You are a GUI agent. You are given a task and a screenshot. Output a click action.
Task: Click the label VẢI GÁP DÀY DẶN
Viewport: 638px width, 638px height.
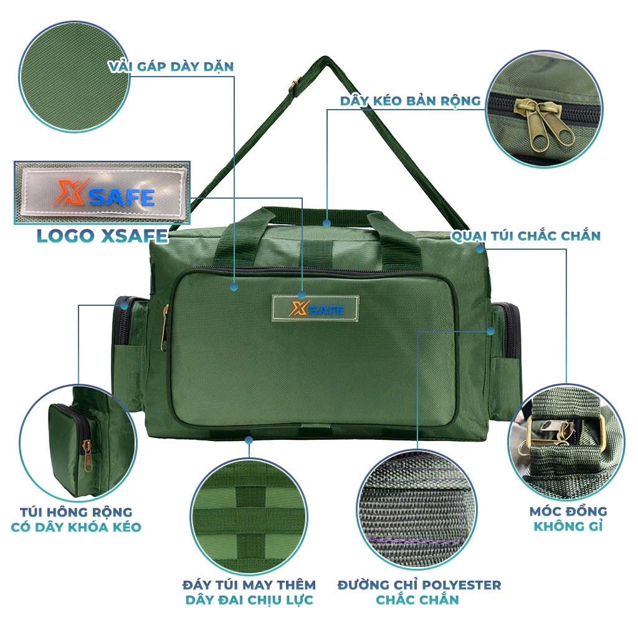click(x=171, y=67)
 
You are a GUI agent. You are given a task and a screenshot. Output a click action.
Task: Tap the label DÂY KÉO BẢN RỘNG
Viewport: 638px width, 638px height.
click(x=410, y=101)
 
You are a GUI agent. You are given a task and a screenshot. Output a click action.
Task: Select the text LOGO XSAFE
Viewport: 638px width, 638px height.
click(x=102, y=236)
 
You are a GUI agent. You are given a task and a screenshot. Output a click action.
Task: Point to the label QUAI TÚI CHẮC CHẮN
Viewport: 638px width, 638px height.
click(x=526, y=236)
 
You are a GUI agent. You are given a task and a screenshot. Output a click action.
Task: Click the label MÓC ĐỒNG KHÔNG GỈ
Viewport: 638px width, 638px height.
click(x=568, y=519)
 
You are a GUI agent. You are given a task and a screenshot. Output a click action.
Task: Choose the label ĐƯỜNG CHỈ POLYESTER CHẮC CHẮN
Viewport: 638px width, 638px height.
click(x=419, y=592)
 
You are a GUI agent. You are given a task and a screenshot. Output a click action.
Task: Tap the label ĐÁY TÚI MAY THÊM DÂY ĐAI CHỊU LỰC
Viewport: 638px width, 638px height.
click(x=249, y=592)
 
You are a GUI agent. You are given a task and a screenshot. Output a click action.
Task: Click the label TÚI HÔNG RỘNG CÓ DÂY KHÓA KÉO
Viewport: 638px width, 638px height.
click(x=76, y=520)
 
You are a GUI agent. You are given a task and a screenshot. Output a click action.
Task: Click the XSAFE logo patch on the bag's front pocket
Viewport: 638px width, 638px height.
click(x=315, y=309)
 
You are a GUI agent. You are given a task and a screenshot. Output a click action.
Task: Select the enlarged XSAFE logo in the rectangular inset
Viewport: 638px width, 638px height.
click(x=102, y=193)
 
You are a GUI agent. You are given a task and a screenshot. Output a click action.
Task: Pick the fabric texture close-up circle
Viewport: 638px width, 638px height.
click(x=75, y=77)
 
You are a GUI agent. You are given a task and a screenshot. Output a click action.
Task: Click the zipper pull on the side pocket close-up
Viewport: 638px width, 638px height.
click(x=88, y=455)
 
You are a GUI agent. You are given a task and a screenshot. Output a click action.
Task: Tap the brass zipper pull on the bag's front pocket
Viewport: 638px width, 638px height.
click(x=164, y=328)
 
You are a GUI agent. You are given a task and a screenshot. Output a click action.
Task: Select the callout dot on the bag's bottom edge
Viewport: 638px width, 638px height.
click(x=249, y=440)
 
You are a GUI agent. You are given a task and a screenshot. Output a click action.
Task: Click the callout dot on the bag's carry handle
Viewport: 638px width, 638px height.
click(x=326, y=223)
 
